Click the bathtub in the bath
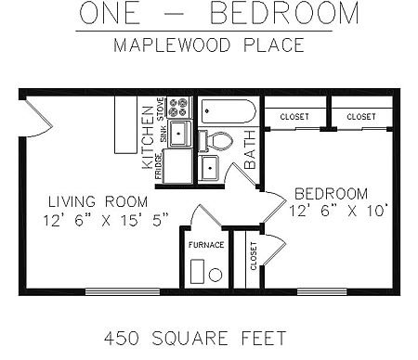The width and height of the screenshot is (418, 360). tap(229, 111)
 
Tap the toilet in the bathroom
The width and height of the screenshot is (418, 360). tap(216, 141)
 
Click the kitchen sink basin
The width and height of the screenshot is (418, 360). tap(178, 134)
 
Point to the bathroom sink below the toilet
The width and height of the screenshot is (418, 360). tap(209, 168)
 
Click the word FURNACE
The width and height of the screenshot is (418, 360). tap(206, 245)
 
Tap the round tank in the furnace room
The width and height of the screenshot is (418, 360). tap(216, 275)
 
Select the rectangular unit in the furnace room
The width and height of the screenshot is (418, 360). tap(197, 272)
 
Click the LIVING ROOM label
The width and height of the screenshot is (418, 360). tap(98, 201)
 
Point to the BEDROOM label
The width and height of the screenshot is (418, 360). tap(331, 194)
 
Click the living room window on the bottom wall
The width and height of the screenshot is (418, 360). tap(123, 291)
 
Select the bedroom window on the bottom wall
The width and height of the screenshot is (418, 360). tap(322, 291)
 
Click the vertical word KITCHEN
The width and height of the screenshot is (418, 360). tap(148, 137)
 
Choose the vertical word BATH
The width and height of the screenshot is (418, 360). tap(250, 149)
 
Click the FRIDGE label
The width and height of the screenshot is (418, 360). tap(159, 166)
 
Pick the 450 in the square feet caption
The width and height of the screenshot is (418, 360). tap(122, 338)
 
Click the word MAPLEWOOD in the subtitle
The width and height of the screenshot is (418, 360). tap(172, 45)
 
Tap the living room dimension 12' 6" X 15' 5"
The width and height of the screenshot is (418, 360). tap(106, 220)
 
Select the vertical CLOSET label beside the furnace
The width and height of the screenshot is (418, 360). tap(254, 256)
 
